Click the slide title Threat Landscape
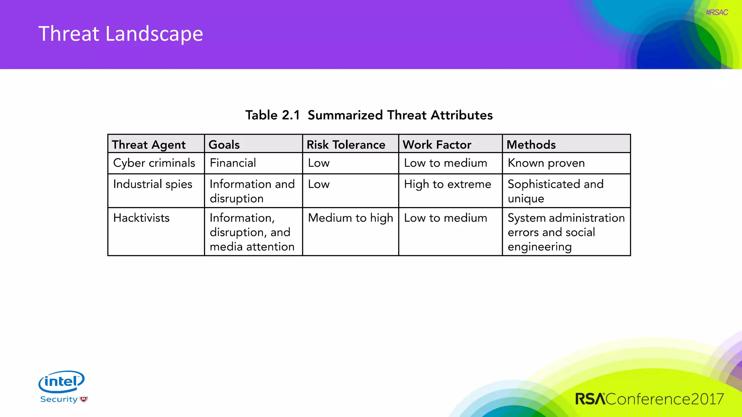(x=121, y=34)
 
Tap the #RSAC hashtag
(x=716, y=13)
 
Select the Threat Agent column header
(x=149, y=144)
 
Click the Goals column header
(x=224, y=144)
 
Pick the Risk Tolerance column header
(x=346, y=144)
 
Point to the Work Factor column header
(x=437, y=144)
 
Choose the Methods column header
(x=531, y=144)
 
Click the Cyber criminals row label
(x=154, y=163)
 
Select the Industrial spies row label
(x=153, y=184)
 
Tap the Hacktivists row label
(x=141, y=218)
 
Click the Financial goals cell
(x=233, y=163)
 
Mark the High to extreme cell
(x=447, y=184)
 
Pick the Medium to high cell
(x=350, y=218)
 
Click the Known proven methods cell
(x=546, y=163)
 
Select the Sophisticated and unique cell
(x=555, y=191)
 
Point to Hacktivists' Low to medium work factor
(x=445, y=218)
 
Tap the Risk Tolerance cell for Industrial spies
(x=319, y=184)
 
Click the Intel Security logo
(x=62, y=387)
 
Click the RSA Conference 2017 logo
(x=649, y=399)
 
